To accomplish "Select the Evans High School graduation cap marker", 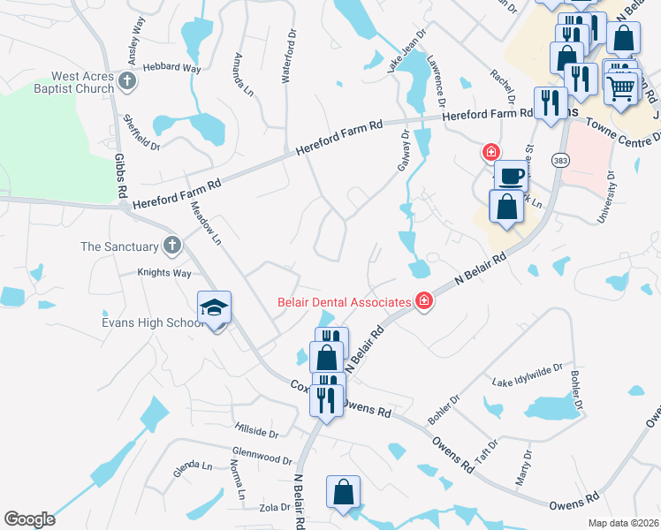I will point(214,309).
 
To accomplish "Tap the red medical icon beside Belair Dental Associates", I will point(424,302).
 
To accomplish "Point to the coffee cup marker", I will point(510,176).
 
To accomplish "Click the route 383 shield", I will point(559,160).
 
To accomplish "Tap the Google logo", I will point(29,519).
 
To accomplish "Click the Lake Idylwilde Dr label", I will point(528,375).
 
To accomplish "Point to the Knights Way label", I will point(164,273).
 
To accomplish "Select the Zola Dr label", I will point(273,507).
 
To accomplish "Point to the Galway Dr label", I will point(406,150).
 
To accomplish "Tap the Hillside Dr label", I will point(256,433).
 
